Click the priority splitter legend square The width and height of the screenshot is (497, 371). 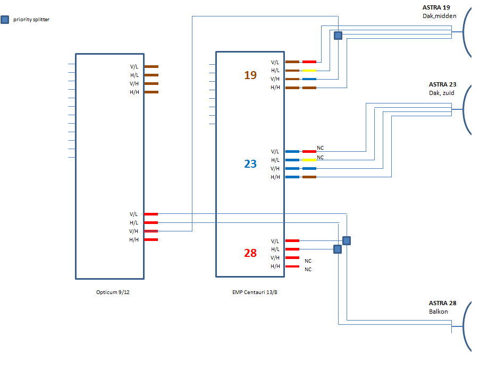pos(5,20)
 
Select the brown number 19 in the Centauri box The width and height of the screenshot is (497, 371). pos(250,75)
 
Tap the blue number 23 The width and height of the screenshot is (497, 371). pos(250,164)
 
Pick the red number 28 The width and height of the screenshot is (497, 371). pos(250,253)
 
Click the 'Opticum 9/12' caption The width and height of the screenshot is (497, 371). pos(110,292)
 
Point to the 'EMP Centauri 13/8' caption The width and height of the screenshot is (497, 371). pos(255,292)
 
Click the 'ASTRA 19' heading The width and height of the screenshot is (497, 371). pos(435,8)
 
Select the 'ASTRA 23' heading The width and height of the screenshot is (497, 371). pos(442,84)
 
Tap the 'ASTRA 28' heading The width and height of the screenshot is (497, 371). pos(442,303)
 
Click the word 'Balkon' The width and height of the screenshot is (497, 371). pos(439,312)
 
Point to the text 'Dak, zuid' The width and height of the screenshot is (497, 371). pos(442,93)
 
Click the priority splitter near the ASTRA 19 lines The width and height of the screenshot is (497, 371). pos(338,36)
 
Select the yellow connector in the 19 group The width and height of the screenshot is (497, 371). pos(309,71)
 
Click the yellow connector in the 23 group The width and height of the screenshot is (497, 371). pos(309,160)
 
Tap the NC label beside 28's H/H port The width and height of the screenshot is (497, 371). pos(308,270)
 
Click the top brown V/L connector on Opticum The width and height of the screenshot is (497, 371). pos(151,67)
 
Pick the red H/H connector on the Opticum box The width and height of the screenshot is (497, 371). pos(151,240)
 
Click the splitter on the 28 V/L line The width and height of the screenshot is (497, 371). pos(347,240)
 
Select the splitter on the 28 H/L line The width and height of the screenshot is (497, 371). pos(338,249)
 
